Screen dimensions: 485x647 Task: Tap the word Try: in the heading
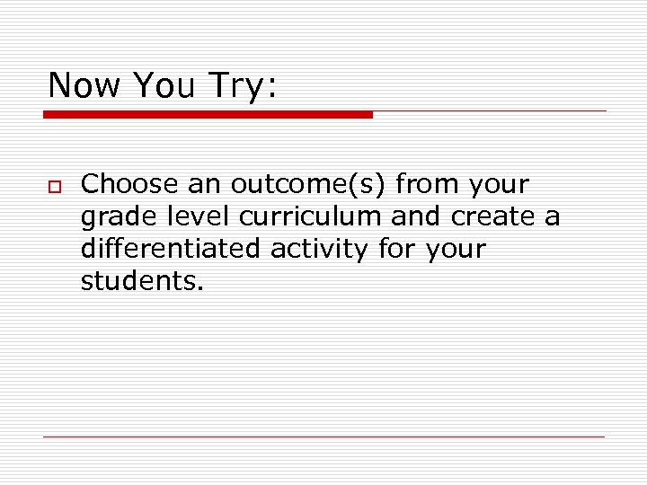(243, 85)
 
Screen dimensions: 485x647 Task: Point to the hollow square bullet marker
(55, 186)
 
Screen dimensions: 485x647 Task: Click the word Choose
(129, 184)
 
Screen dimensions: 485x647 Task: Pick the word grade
(112, 217)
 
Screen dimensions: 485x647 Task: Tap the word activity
(319, 249)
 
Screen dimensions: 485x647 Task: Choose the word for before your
(393, 249)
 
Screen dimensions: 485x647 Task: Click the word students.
(142, 281)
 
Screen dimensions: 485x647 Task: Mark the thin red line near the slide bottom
(323, 437)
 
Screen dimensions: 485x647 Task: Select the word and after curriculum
(415, 216)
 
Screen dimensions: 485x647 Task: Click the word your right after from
(497, 186)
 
